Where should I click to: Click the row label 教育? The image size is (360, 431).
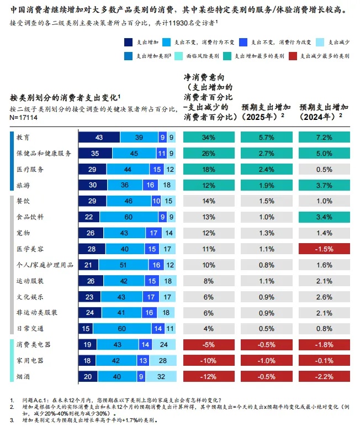(x=23, y=137)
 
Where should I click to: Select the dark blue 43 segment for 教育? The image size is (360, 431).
(x=99, y=137)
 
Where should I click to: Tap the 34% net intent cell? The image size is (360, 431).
(x=209, y=137)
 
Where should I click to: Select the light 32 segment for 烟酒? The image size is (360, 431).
(x=161, y=376)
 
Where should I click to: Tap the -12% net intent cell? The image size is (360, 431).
(x=209, y=376)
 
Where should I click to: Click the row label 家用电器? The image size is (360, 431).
(x=30, y=360)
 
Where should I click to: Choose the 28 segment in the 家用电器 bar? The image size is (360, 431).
(x=162, y=360)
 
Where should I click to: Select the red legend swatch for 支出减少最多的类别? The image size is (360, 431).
(x=294, y=56)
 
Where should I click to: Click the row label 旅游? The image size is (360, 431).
(x=23, y=185)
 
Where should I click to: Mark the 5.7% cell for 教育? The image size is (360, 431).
(x=267, y=137)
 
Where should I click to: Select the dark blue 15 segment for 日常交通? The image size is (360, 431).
(x=86, y=328)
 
